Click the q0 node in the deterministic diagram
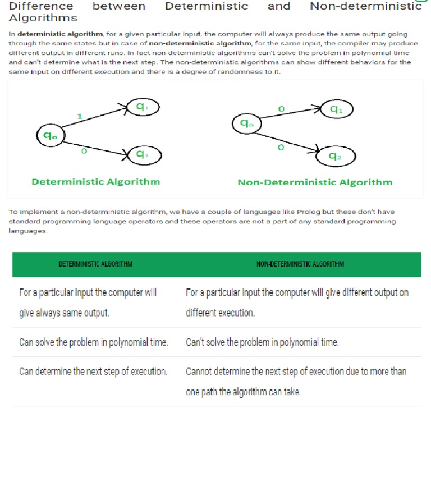pyautogui.click(x=51, y=136)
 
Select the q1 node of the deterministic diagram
pyautogui.click(x=143, y=107)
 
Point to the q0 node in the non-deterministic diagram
pyautogui.click(x=246, y=123)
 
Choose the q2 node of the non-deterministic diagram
pyautogui.click(x=336, y=157)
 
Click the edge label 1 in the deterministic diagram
pyautogui.click(x=80, y=116)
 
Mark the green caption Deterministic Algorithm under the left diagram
pyautogui.click(x=95, y=182)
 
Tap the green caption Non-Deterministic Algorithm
pyautogui.click(x=315, y=182)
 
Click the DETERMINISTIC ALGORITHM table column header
pyautogui.click(x=96, y=264)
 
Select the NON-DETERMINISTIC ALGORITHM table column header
pyautogui.click(x=300, y=264)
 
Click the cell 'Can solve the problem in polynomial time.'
pyautogui.click(x=94, y=342)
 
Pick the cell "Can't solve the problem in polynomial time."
pyautogui.click(x=262, y=342)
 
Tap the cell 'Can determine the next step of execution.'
pyautogui.click(x=93, y=372)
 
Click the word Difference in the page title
pyautogui.click(x=41, y=7)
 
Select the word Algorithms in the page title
pyautogui.click(x=43, y=18)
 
